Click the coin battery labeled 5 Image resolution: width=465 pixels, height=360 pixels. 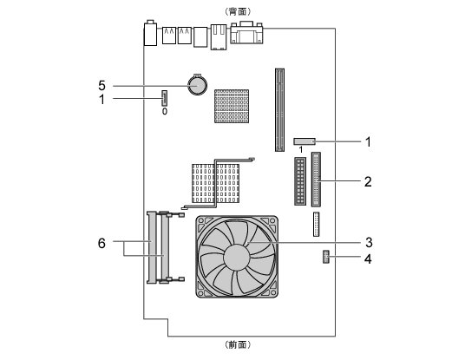197,85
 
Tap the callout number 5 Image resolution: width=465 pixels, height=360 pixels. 102,86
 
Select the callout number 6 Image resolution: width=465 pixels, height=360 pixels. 102,244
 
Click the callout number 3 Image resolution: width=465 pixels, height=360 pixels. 369,243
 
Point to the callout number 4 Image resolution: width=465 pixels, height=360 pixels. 368,259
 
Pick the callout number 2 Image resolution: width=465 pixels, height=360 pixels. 368,182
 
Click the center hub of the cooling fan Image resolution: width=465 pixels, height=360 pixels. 236,258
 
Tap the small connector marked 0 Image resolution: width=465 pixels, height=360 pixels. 164,98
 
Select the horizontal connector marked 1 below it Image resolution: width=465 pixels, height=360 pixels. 305,141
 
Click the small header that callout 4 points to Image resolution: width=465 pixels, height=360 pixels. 326,257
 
